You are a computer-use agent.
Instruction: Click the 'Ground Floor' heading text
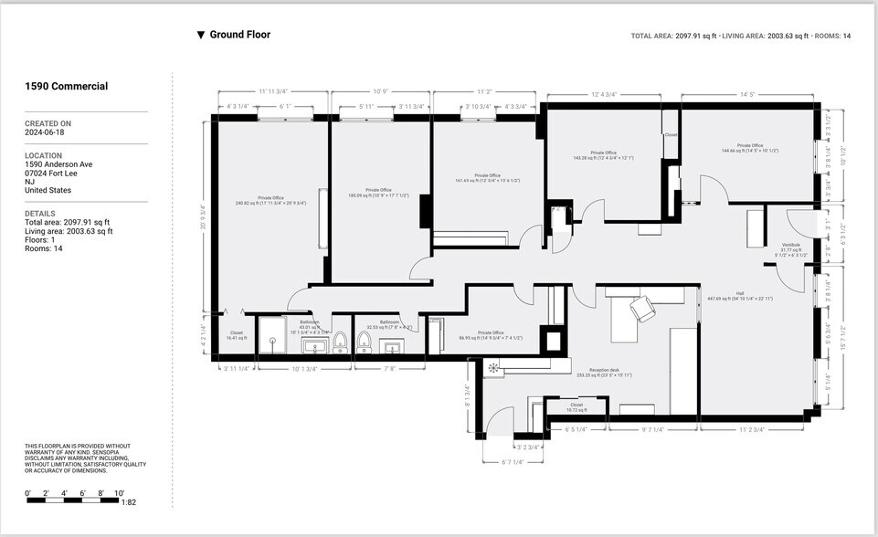pyautogui.click(x=239, y=35)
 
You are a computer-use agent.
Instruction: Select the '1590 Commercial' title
pyautogui.click(x=66, y=87)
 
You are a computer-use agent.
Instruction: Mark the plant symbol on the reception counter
pyautogui.click(x=494, y=369)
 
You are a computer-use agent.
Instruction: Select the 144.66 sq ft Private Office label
pyautogui.click(x=749, y=148)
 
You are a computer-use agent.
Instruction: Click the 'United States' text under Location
pyautogui.click(x=48, y=190)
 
